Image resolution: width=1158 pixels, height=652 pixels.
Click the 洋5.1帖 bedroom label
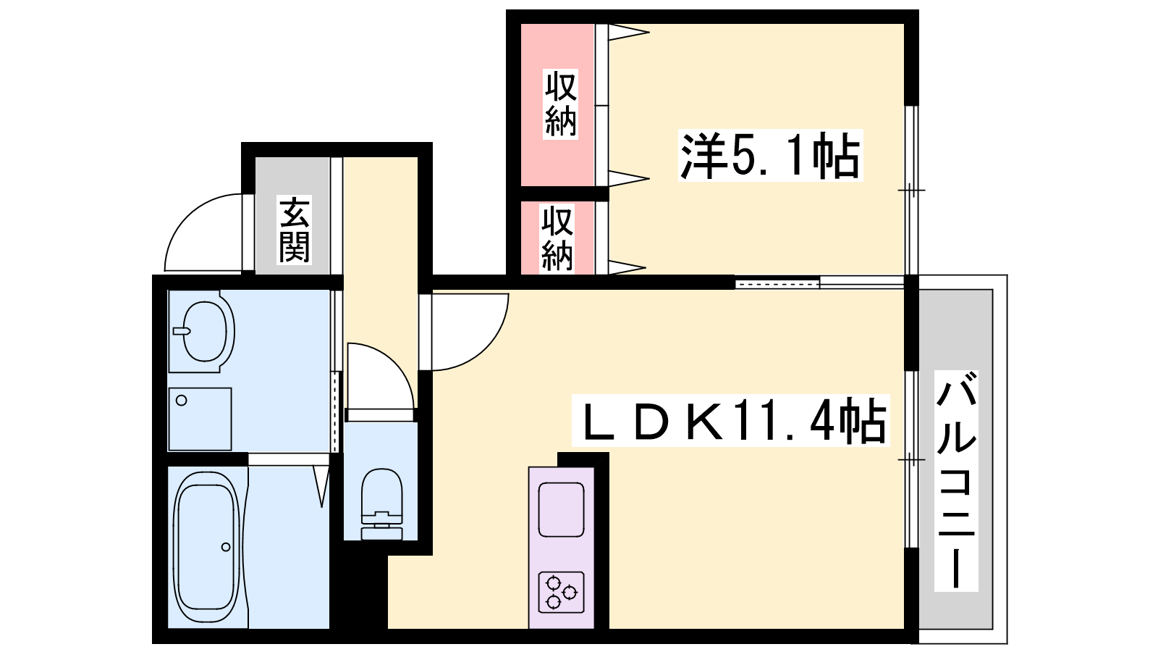coord(770,155)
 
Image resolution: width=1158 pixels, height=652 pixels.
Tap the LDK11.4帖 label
coord(730,420)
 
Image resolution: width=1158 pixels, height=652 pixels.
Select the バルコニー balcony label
coord(956,481)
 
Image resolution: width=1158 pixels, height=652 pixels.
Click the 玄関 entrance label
coord(294,230)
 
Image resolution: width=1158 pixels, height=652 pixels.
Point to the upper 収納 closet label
coord(560,104)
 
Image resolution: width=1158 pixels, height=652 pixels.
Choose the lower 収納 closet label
coord(557,238)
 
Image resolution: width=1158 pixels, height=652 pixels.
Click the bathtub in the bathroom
coord(207,548)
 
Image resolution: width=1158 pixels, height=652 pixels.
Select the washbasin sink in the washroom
coord(203,331)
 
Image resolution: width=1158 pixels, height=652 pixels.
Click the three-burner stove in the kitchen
coord(562,592)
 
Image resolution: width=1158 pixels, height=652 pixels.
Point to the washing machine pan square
coord(200,419)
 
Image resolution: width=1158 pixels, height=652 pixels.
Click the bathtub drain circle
coord(226,547)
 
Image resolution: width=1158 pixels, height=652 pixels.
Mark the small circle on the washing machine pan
coord(182,401)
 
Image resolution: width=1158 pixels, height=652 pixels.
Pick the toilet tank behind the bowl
coord(381,532)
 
